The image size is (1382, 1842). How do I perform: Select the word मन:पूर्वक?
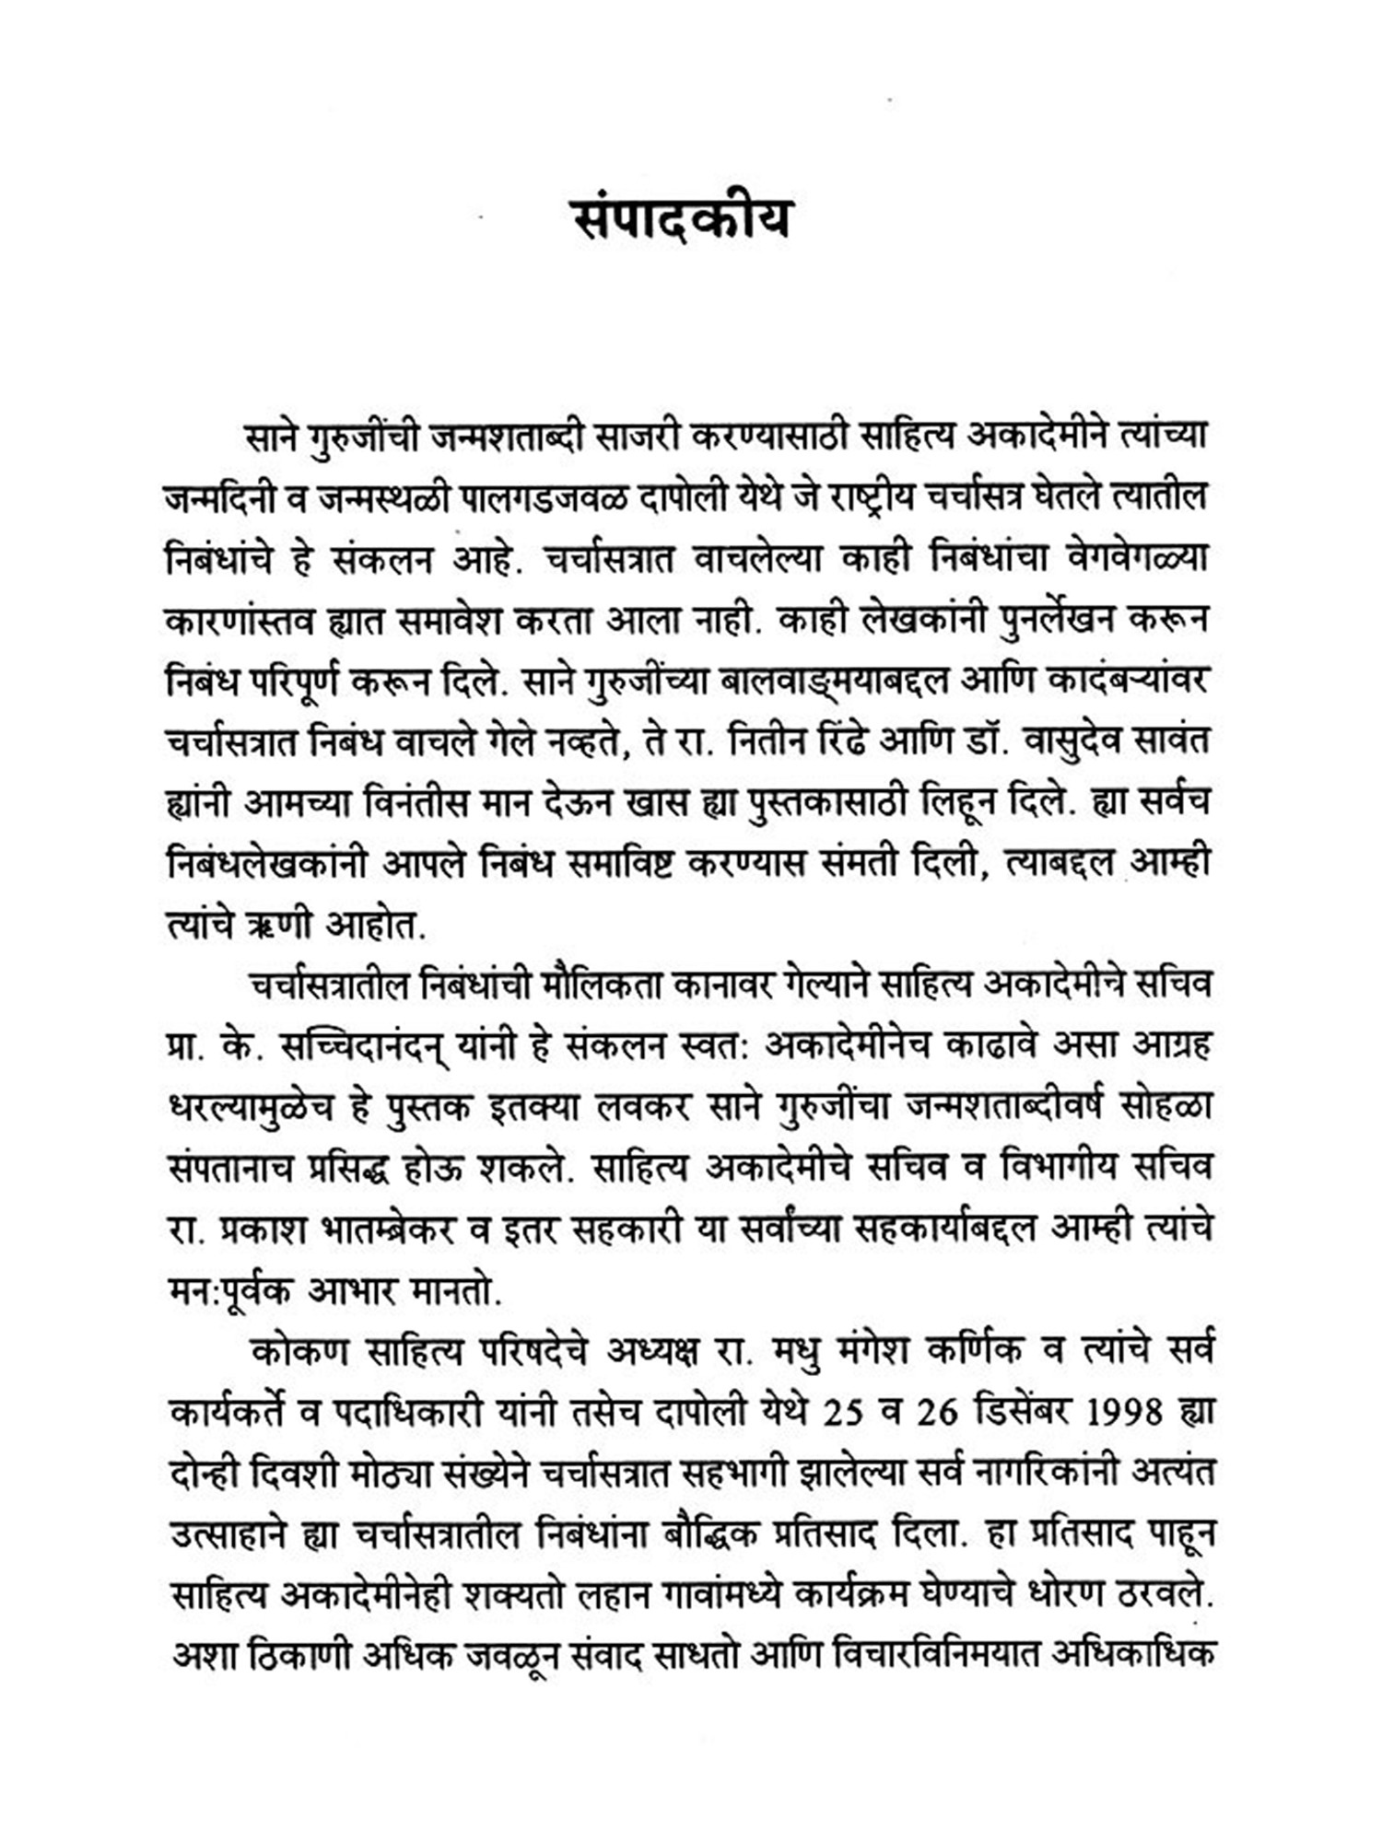click(x=243, y=1289)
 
